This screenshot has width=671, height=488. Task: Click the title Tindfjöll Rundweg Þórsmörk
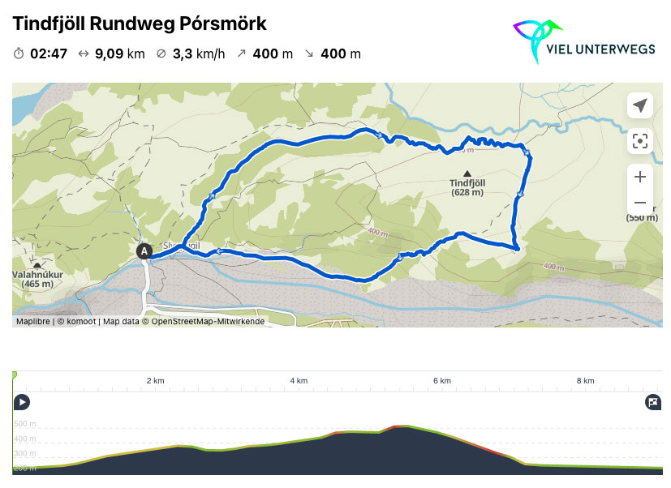pos(140,24)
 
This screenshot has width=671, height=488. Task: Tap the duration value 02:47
pos(48,54)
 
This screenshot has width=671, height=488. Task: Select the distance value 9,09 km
pos(119,54)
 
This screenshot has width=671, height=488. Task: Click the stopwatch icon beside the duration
pos(19,54)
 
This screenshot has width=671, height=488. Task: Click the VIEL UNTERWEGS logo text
pos(600,49)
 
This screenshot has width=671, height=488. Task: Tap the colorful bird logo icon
pos(536,40)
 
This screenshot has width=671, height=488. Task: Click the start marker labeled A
pos(144,251)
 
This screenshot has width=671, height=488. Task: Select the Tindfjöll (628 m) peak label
pos(467,187)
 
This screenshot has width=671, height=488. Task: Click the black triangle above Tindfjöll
pos(467,173)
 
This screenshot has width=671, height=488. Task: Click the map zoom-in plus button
pos(640,177)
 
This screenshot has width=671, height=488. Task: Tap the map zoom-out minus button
pos(640,203)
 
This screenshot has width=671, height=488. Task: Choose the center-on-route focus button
pos(640,141)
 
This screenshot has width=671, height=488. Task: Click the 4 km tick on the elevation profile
pos(299,381)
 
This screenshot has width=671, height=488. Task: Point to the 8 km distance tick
pos(585,381)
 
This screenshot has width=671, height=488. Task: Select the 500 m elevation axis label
pos(24,424)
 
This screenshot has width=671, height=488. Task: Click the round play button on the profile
pos(22,401)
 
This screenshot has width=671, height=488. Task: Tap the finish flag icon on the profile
pos(652,401)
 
